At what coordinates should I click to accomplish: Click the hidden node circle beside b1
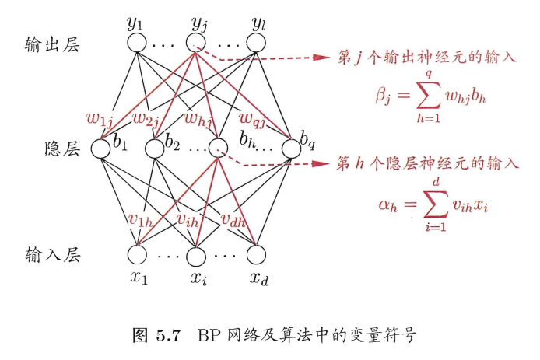[102, 147]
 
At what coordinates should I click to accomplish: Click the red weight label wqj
[251, 118]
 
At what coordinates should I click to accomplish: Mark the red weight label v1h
[141, 220]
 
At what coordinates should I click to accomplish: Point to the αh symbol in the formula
[383, 205]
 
